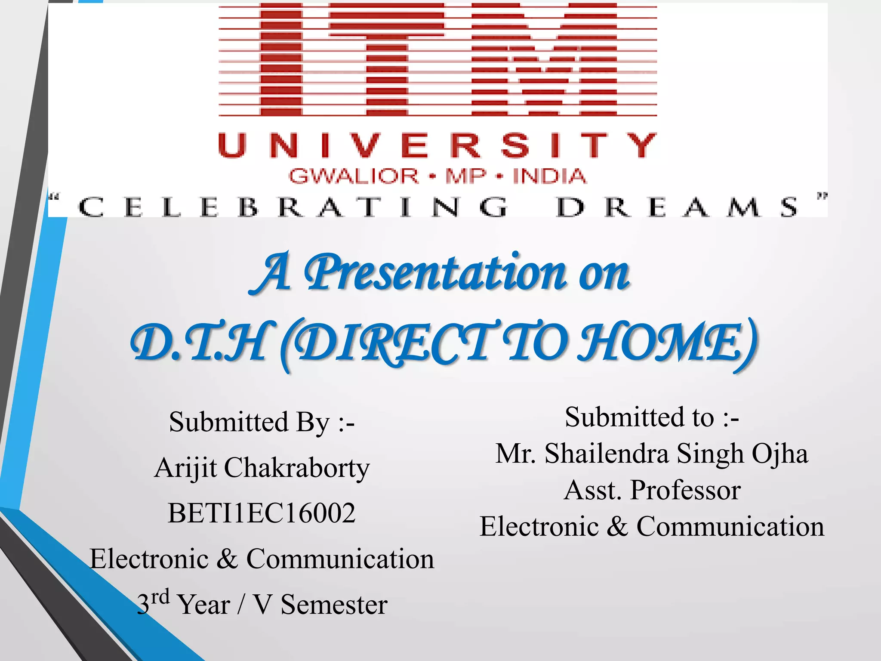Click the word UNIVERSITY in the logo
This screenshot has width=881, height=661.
[x=437, y=145]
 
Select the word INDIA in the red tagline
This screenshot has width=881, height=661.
[x=549, y=176]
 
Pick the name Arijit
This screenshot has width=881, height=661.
[x=185, y=468]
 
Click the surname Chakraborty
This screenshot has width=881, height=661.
[x=296, y=468]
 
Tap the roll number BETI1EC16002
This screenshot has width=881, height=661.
[x=262, y=513]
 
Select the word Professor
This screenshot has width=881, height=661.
[x=685, y=490]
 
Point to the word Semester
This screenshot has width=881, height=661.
[x=334, y=604]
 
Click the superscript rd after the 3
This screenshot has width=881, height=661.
[x=160, y=597]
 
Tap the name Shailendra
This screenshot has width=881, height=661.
[x=607, y=454]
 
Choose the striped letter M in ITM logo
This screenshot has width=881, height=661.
[x=544, y=60]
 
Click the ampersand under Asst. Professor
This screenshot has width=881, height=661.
[x=617, y=526]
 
